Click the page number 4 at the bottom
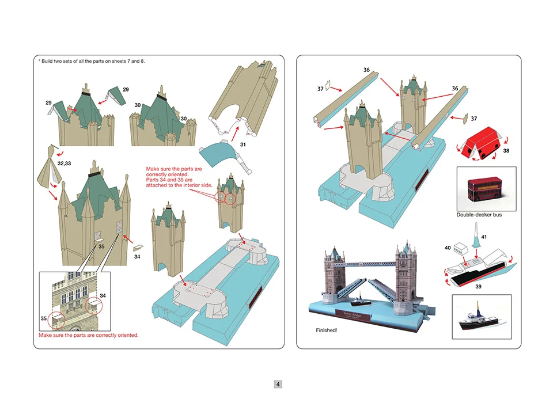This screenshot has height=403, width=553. click(278, 384)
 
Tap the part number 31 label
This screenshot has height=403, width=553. click(243, 145)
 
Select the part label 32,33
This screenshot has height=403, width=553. click(64, 164)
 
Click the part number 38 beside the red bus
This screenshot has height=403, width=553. click(506, 151)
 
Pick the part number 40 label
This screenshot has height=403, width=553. click(448, 248)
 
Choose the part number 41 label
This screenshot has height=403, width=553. click(484, 237)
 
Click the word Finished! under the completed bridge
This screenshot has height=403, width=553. click(326, 331)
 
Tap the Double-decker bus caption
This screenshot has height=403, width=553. click(479, 215)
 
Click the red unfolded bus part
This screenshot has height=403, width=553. click(482, 143)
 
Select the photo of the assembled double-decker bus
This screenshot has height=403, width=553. click(485, 189)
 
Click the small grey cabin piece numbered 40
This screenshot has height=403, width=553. click(460, 248)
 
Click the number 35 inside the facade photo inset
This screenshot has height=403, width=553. click(43, 318)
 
